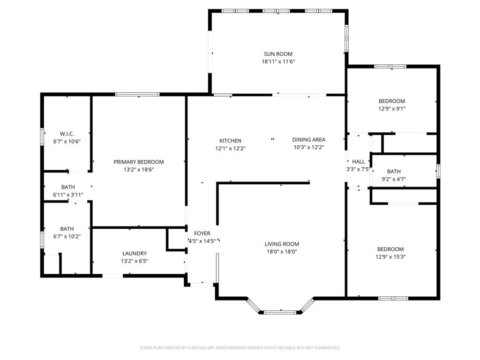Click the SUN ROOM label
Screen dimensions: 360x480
tap(278, 54)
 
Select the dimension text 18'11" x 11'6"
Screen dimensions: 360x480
tap(278, 61)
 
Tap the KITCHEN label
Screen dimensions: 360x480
tap(230, 141)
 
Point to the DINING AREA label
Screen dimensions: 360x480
tap(308, 139)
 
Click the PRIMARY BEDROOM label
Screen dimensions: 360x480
tap(139, 162)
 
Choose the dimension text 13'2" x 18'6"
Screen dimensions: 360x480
tap(139, 169)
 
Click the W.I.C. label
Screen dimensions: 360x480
tap(67, 134)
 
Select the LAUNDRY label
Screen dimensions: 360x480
tap(135, 253)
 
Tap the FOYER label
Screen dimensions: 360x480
tap(202, 233)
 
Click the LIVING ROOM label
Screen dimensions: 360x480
tap(282, 244)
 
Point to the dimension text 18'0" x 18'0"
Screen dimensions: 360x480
tap(282, 251)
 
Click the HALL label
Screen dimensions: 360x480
tap(359, 162)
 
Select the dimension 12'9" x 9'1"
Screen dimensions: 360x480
tap(392, 108)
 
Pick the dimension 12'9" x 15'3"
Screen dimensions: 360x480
tap(390, 256)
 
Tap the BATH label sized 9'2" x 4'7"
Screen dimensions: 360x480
tap(394, 172)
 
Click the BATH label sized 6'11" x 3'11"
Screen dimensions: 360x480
tap(68, 187)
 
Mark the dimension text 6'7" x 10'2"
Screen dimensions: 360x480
tap(67, 236)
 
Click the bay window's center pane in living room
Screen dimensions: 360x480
tap(280, 312)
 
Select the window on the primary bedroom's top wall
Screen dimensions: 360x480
tap(138, 95)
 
